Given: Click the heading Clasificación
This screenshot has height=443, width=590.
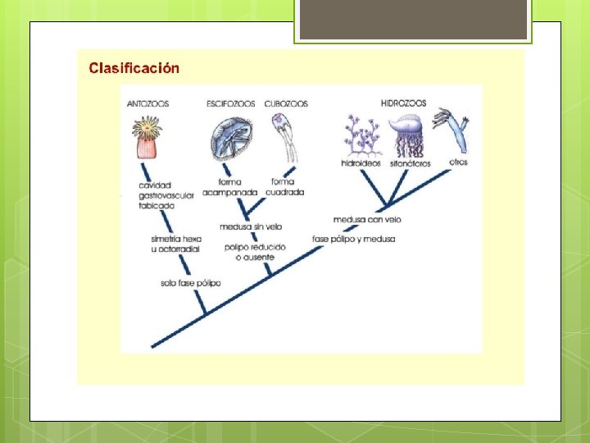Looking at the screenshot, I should tap(134, 68).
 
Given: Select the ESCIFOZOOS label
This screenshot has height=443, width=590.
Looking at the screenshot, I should tap(231, 104).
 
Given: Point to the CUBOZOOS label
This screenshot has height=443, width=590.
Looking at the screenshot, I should tap(286, 104).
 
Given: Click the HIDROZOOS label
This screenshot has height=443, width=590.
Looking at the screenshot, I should tap(403, 103).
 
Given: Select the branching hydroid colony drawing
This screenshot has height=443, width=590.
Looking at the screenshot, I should tap(361, 135).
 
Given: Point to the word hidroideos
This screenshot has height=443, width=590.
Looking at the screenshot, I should tap(361, 163).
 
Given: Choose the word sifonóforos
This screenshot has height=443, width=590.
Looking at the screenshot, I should tap(410, 163).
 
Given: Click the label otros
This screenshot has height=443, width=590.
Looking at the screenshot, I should tap(459, 162).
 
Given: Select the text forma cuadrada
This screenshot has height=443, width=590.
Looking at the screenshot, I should tap(286, 187).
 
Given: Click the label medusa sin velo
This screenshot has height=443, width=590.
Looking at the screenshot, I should tap(251, 226).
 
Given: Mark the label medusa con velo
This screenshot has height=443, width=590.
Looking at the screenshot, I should tap(367, 219).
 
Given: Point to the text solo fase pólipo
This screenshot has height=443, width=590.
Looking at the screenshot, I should tap(191, 284).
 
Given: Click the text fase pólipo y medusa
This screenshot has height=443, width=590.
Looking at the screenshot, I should tap(354, 240).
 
